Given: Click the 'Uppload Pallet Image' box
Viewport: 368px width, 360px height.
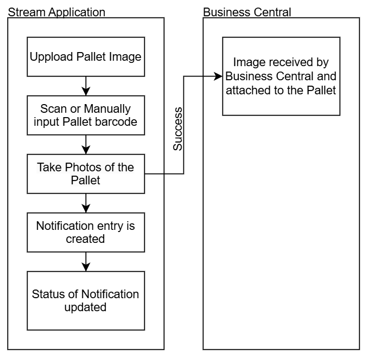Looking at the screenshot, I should coord(86,56).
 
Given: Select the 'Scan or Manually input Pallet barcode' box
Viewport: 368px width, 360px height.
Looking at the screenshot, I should coord(86,115).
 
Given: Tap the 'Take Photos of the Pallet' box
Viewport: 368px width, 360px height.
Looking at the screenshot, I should coord(86,173).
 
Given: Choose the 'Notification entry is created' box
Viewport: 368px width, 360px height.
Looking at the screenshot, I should coord(86,232).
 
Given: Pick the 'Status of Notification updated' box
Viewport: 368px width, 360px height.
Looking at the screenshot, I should coord(86,301).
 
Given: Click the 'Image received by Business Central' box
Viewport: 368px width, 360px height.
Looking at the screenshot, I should coord(281,76).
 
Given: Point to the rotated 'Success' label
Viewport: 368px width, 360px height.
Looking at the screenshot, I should coord(177,129).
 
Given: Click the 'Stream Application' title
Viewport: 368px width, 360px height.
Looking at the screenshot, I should coord(56,12).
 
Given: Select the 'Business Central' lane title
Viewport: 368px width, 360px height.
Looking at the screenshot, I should coord(247,12).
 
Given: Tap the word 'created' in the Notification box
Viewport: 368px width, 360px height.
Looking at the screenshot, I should coord(86,239).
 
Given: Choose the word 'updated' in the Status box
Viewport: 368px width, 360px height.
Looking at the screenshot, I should coord(86,307).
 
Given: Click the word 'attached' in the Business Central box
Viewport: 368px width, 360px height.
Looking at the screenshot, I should coord(245,89).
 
